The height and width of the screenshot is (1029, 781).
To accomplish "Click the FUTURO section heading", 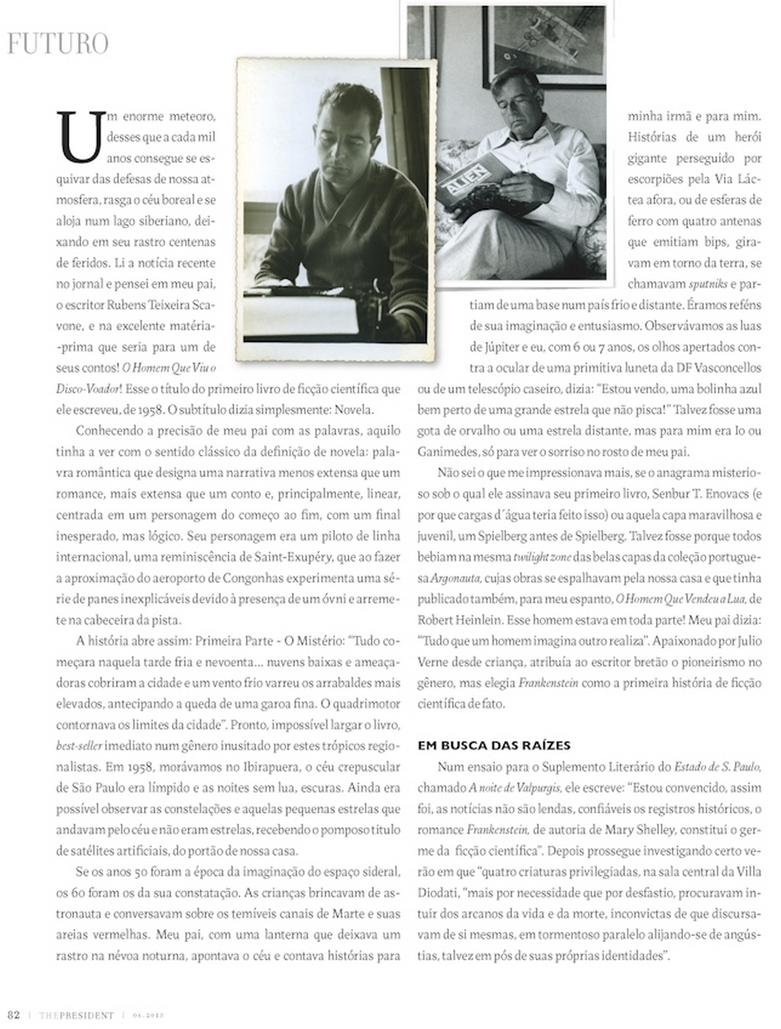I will coord(58,43).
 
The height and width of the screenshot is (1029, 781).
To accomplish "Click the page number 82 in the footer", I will coord(14,1014).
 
